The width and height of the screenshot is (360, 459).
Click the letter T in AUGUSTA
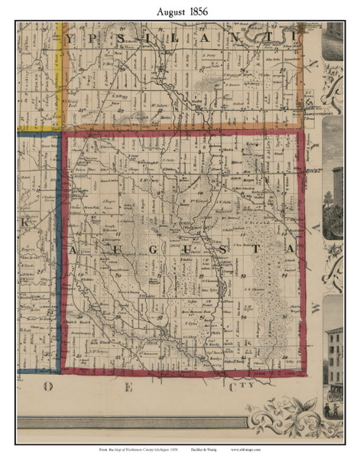pos(260,250)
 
